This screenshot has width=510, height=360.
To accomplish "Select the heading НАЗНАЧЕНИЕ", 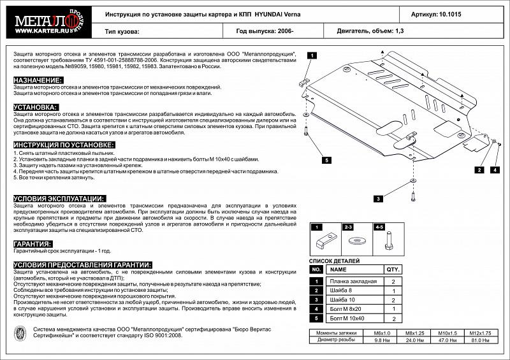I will tap(38, 80).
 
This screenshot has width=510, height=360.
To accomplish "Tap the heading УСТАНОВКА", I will tap(36, 107).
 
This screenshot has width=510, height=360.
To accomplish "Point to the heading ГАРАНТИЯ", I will tap(33, 244).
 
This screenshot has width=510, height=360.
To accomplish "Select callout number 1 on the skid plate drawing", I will tap(312, 56).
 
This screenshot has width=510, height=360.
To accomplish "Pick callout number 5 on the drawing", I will tap(326, 161).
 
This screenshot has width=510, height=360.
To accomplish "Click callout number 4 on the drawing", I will tap(494, 170).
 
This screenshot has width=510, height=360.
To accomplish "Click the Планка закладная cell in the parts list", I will tap(353, 281).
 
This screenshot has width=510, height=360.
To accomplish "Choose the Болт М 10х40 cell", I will tap(348, 317).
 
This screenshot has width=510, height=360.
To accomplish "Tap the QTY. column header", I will tap(393, 269).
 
